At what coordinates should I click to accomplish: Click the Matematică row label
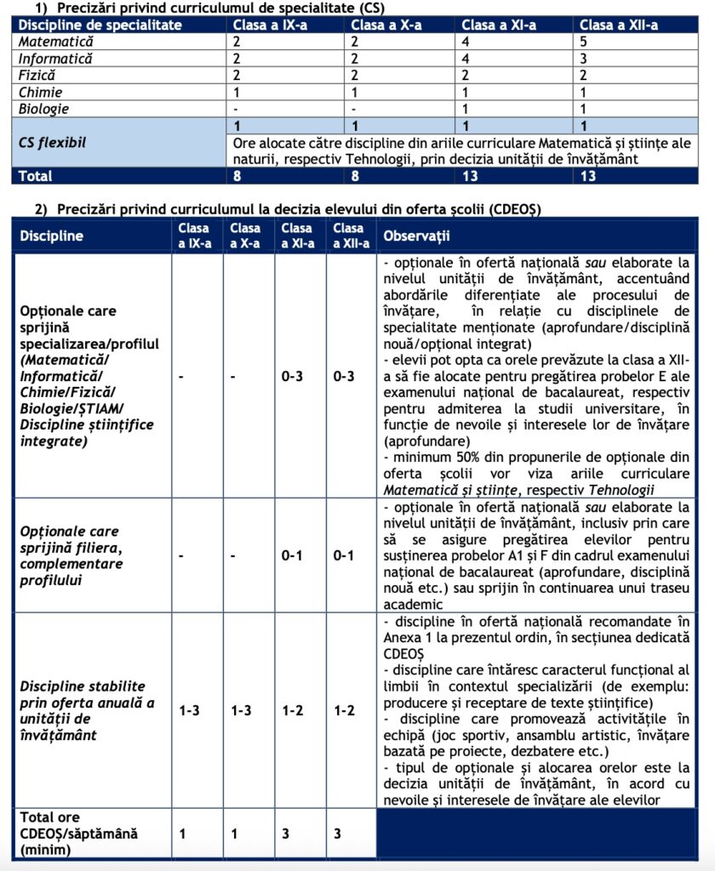(57, 42)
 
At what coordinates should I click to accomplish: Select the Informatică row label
(56, 59)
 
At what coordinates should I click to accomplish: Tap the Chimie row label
(41, 92)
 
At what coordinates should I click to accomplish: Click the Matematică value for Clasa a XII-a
(583, 42)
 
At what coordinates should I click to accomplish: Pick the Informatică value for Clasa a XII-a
(583, 59)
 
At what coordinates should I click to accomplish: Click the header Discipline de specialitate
(101, 25)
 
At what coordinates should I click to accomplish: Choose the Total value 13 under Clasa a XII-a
(586, 176)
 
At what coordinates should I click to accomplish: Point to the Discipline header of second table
(52, 235)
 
